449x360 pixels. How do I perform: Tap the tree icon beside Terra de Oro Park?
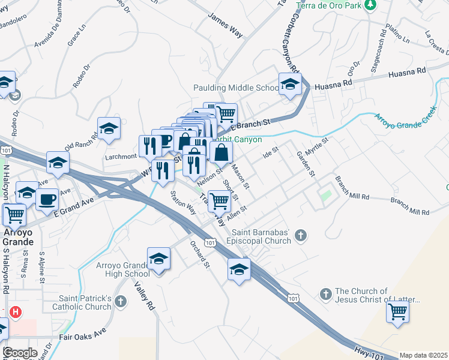click(371, 5)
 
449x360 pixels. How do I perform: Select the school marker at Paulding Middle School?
click(290, 85)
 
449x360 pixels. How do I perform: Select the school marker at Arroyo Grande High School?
click(158, 259)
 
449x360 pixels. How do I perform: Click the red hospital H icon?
click(16, 313)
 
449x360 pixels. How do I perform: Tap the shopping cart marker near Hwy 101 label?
click(397, 312)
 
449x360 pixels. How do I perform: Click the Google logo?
click(20, 353)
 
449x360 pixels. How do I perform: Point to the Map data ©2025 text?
click(423, 355)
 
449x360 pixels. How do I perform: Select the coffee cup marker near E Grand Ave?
click(47, 200)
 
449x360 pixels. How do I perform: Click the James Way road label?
click(224, 26)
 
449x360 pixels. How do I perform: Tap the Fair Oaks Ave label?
click(82, 334)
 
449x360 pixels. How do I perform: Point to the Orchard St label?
click(200, 254)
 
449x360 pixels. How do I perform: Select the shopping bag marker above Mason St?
click(221, 153)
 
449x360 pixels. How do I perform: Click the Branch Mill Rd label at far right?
click(410, 208)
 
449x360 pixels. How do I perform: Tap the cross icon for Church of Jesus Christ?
click(325, 295)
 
